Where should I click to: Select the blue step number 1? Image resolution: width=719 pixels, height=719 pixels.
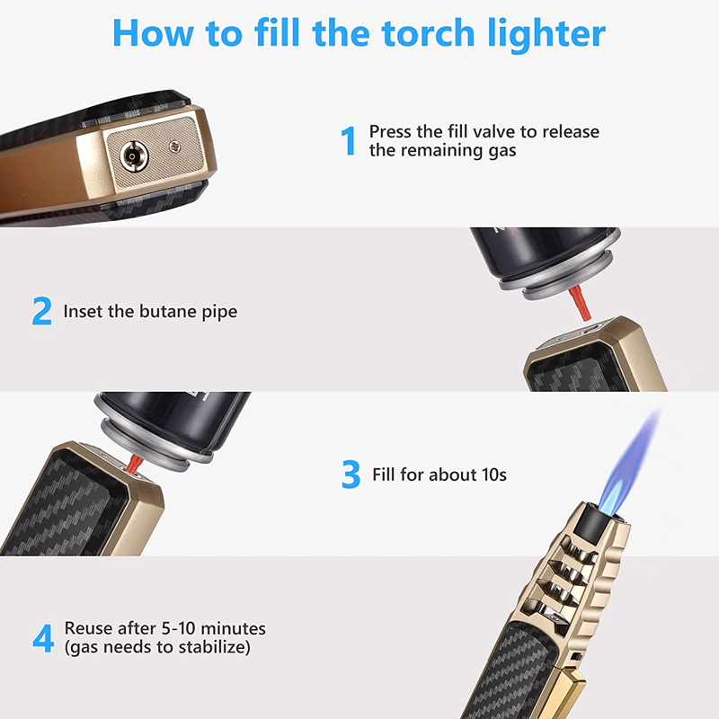point(349,141)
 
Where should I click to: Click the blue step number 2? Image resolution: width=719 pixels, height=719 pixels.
point(41,312)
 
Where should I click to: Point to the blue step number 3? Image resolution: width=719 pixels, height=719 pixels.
point(351,475)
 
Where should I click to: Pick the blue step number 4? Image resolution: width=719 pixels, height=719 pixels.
point(43,638)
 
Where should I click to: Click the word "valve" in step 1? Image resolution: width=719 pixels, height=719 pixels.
point(486,132)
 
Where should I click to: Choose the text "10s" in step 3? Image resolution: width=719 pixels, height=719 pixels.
point(489,474)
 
